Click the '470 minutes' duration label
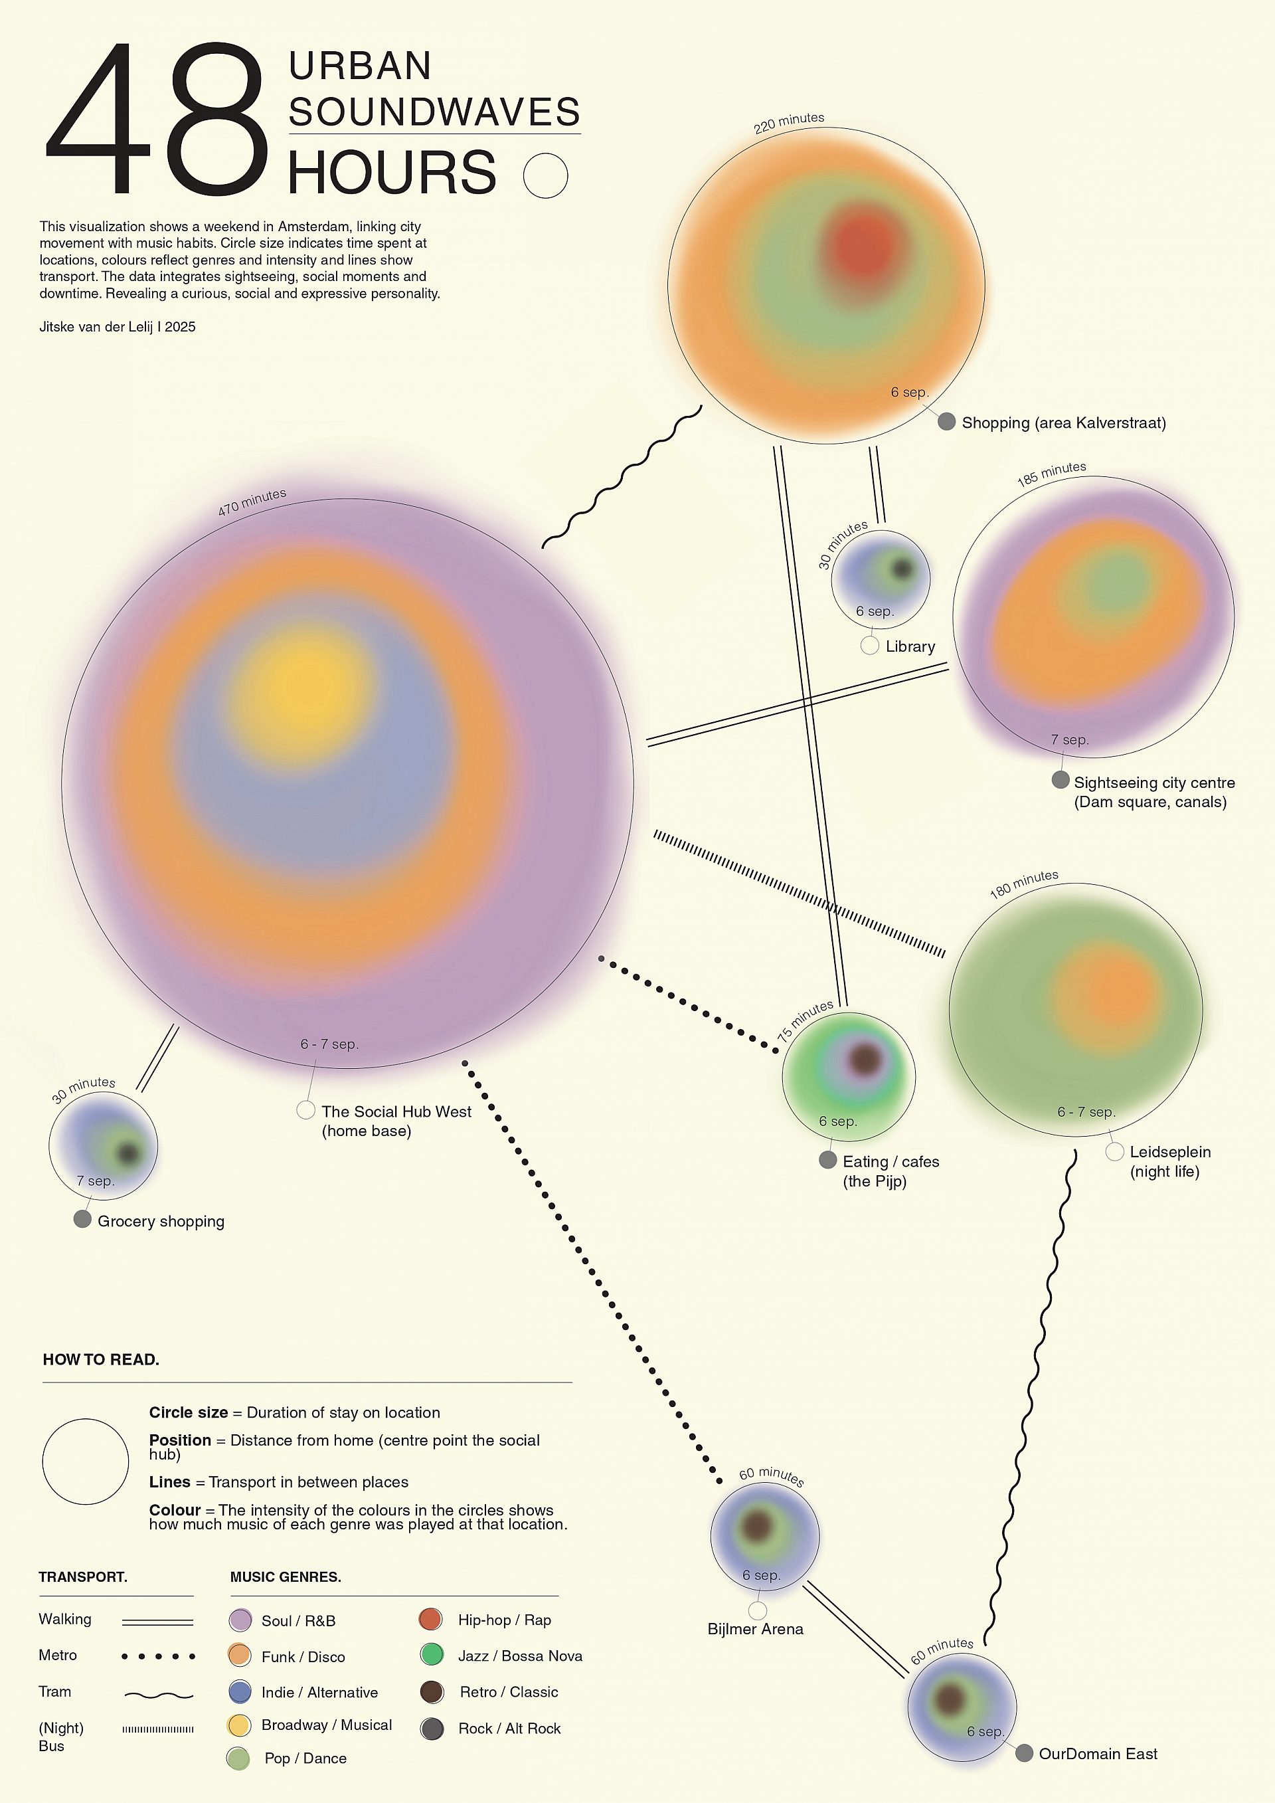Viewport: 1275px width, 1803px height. [x=252, y=501]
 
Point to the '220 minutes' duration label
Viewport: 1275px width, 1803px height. [x=788, y=122]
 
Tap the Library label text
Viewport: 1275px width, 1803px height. [x=910, y=646]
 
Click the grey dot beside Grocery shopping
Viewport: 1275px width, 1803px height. [x=82, y=1219]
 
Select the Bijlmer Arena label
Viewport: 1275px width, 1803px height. [x=755, y=1629]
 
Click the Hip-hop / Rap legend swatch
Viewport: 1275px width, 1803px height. [x=431, y=1619]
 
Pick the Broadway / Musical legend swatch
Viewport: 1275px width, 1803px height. [x=238, y=1725]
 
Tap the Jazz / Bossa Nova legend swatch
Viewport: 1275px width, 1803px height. [x=431, y=1656]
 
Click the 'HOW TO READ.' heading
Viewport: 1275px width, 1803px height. [x=100, y=1359]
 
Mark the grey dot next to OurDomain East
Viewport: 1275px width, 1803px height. [x=1024, y=1754]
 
